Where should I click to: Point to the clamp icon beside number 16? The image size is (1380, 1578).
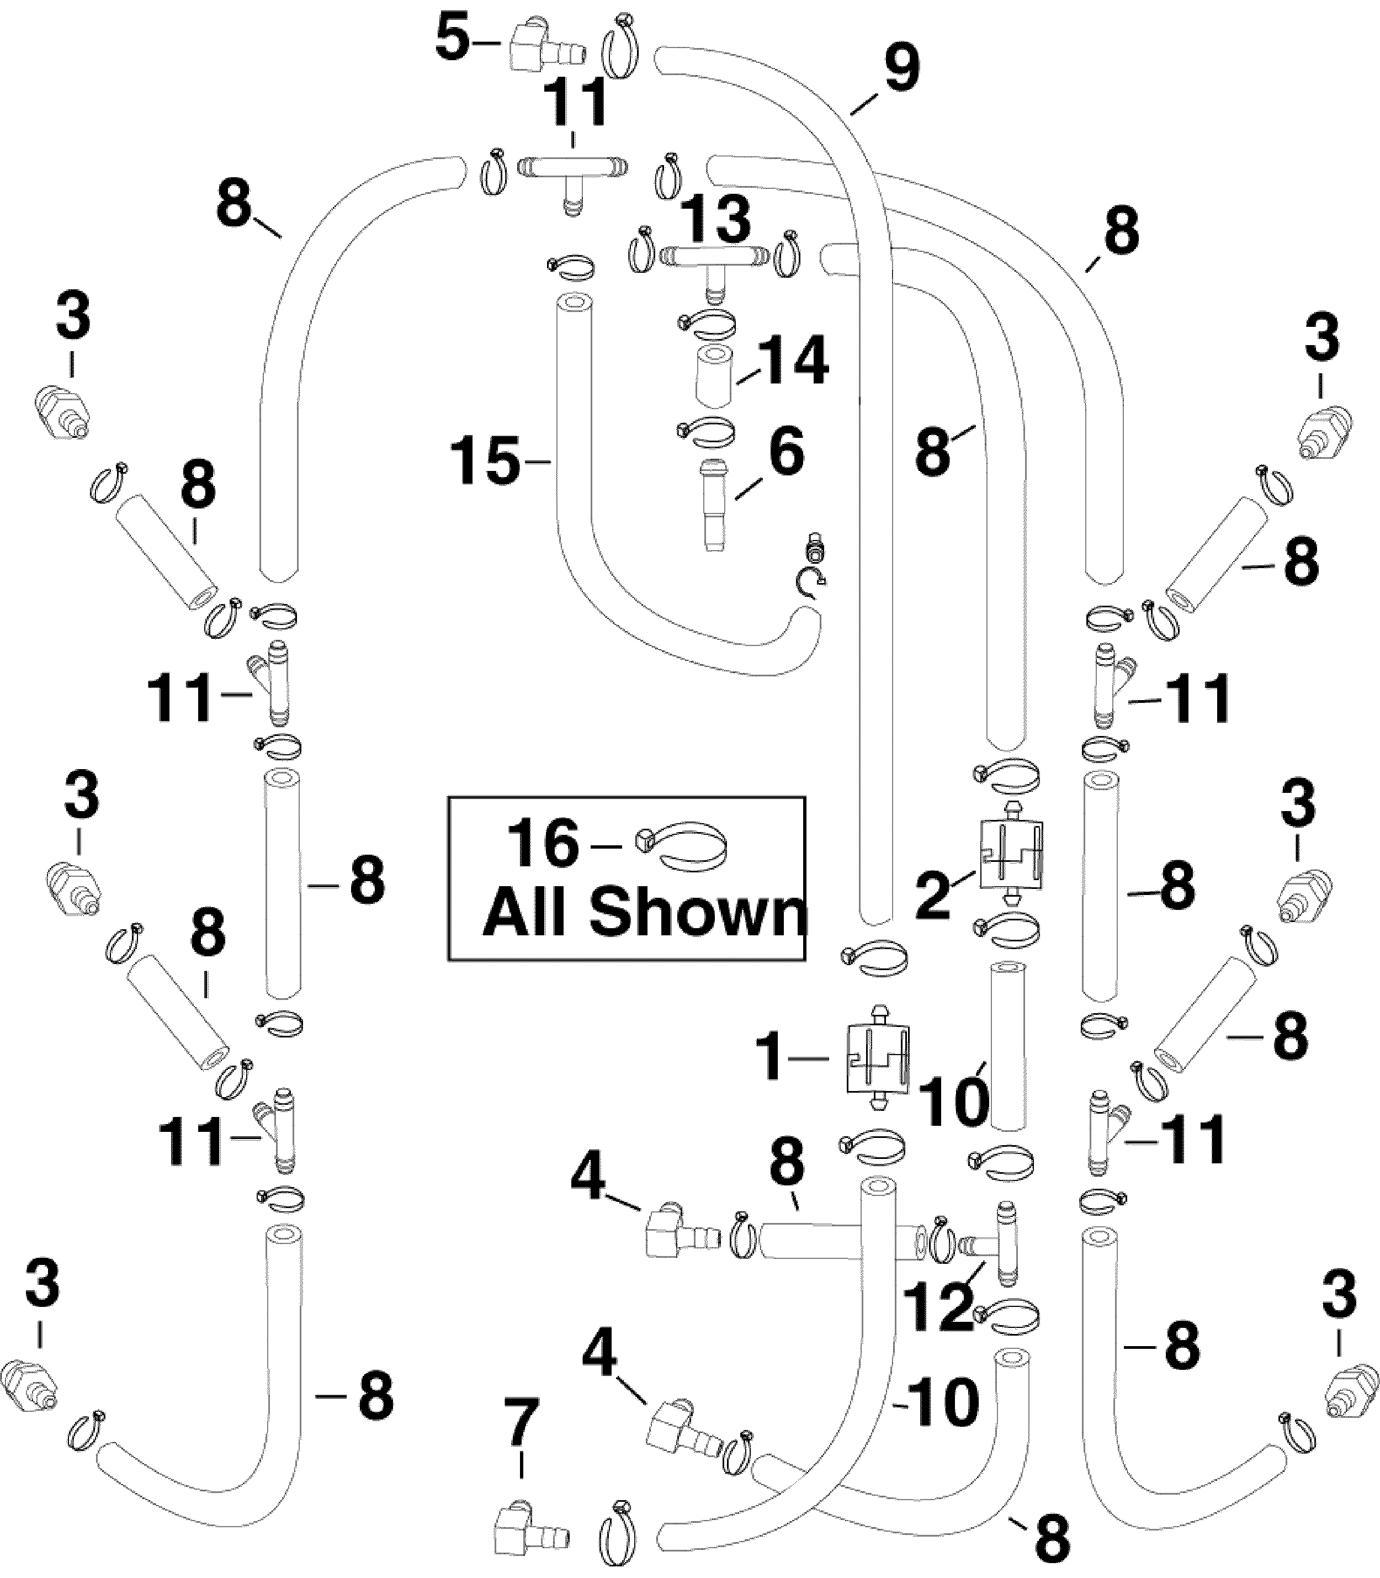tap(682, 846)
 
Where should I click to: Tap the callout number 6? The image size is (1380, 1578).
tap(786, 452)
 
